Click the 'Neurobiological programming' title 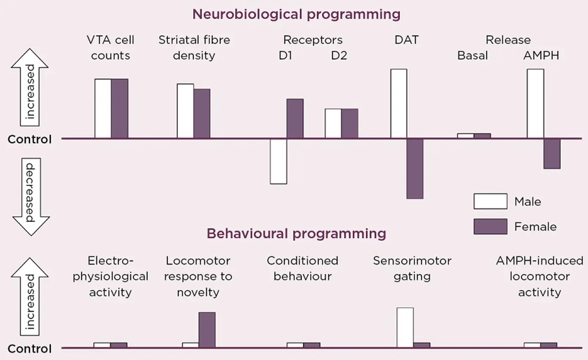[x=297, y=14]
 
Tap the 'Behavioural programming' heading [x=297, y=234]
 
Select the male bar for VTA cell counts [x=103, y=108]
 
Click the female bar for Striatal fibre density [x=202, y=113]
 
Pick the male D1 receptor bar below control [x=278, y=161]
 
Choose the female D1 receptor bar [x=295, y=118]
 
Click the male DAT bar [x=399, y=103]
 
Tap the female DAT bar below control [x=415, y=168]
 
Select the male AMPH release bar [x=535, y=103]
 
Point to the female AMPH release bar [x=552, y=154]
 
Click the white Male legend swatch [x=491, y=201]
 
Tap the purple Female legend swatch [x=491, y=226]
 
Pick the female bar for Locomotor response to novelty [x=207, y=330]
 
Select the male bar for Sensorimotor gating [x=405, y=328]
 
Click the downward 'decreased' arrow [x=31, y=197]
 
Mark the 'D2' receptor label [x=339, y=56]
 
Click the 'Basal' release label [x=472, y=56]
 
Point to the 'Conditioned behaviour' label [x=303, y=268]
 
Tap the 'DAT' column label [x=407, y=40]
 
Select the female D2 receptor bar [x=350, y=124]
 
